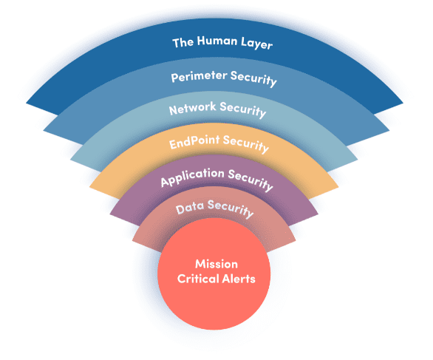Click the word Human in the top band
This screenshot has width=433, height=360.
217,41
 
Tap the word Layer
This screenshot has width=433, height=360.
257,43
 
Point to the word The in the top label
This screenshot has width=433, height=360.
183,43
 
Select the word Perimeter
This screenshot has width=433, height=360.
199,76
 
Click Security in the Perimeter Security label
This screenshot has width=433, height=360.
253,78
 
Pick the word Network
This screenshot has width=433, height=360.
192,108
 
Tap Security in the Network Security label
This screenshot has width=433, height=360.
243,109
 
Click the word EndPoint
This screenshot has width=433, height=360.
194,142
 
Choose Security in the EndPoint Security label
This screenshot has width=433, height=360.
246,143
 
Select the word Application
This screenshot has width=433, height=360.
192,177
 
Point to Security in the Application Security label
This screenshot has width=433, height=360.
250,180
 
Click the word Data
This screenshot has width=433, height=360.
190,208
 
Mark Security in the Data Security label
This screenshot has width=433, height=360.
231,209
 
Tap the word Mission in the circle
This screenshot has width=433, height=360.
216,264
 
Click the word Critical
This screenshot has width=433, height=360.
198,279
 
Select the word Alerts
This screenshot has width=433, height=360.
239,279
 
